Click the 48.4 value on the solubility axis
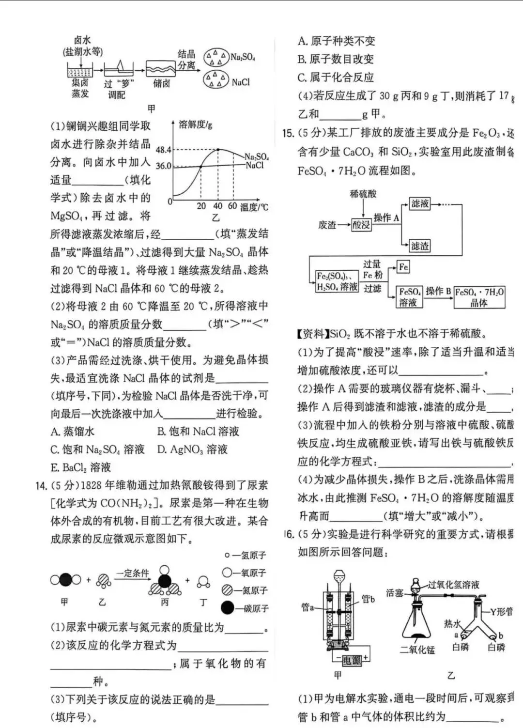(x=164, y=150)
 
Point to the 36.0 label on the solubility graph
(x=164, y=166)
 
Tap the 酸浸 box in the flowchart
(x=361, y=225)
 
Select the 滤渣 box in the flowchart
(x=419, y=246)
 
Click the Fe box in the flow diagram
(x=403, y=267)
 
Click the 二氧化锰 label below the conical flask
(x=417, y=650)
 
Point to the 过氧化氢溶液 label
(x=453, y=585)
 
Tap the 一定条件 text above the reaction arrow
(x=132, y=573)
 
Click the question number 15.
(x=288, y=134)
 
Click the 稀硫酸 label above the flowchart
(x=363, y=194)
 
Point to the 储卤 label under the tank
(x=162, y=83)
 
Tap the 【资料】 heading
(x=312, y=334)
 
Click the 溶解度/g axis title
(x=195, y=125)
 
